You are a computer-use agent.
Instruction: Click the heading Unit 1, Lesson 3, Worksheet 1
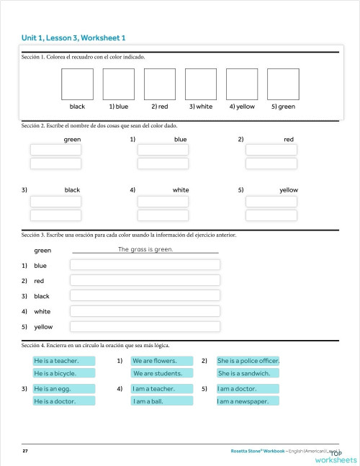[x=74, y=37]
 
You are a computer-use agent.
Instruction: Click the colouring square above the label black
[x=78, y=84]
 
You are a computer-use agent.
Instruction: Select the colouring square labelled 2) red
[x=160, y=84]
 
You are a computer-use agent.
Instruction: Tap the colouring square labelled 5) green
[x=283, y=84]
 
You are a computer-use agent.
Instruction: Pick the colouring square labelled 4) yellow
[x=242, y=84]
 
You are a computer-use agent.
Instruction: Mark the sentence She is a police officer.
[x=248, y=360]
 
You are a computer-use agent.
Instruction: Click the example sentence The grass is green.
[x=145, y=249]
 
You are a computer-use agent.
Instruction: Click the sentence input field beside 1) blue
[x=145, y=265]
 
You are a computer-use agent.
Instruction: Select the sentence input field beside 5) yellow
[x=145, y=326]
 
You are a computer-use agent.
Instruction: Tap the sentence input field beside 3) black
[x=145, y=296]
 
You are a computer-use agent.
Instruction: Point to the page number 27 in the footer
[x=25, y=451]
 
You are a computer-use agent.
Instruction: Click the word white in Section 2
[x=181, y=190]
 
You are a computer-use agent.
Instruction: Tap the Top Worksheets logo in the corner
[x=335, y=457]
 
